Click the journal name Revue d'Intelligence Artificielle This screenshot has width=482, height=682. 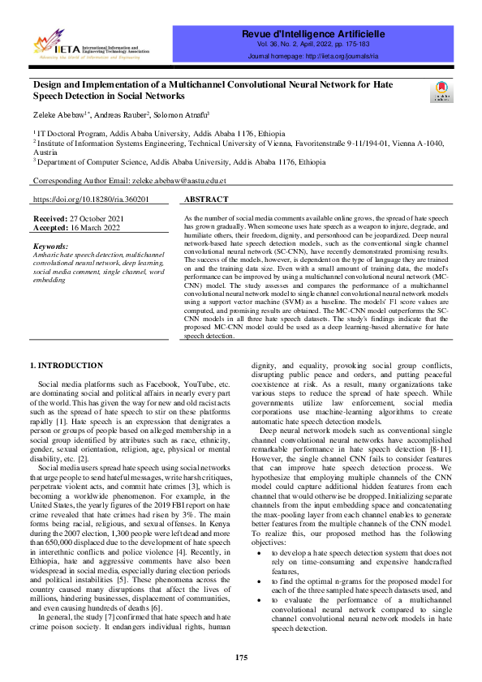312,33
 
